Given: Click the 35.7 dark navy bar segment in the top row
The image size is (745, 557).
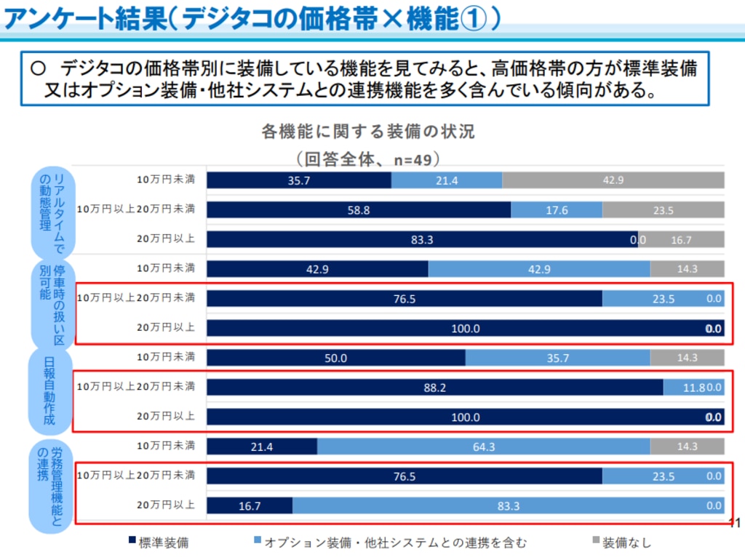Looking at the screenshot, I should coord(299,180).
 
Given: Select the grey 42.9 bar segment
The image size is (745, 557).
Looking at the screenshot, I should coord(613,180).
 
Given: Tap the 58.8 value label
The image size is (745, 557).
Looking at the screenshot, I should coord(358,210).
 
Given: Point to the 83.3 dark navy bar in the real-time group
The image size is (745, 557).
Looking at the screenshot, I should coord(422,239).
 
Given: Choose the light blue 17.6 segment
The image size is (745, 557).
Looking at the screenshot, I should coord(557,210).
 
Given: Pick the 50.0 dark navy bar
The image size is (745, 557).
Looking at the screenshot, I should coord(336,358).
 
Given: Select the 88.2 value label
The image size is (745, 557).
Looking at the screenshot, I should coord(434,388).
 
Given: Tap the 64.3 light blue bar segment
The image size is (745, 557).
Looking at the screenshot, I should coord(484,446).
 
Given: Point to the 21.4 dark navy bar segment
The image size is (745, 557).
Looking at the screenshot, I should coord(262,446).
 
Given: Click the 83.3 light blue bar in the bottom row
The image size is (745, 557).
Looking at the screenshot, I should coord(508,505).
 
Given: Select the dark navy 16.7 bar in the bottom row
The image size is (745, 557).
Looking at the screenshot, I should coord(250,505).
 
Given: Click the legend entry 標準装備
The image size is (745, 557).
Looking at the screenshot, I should coord(158,541).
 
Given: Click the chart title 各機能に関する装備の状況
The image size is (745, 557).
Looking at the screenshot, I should coord(367,132).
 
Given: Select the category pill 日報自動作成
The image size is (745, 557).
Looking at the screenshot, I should coord(50,390).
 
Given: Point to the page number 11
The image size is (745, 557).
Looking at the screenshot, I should coord(734,523).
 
